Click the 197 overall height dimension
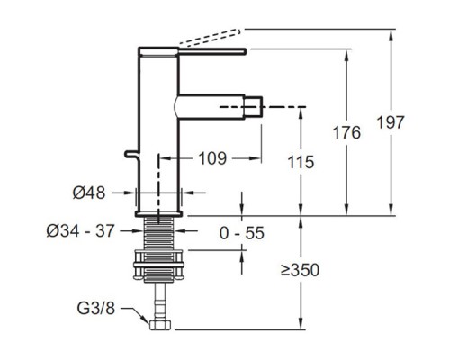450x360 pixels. pyautogui.click(x=391, y=122)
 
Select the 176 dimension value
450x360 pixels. pyautogui.click(x=346, y=132)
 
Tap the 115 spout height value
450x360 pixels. pyautogui.click(x=301, y=162)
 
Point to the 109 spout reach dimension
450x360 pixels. pyautogui.click(x=212, y=158)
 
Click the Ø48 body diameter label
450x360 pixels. pyautogui.click(x=89, y=193)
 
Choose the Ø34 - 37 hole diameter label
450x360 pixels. pyautogui.click(x=80, y=231)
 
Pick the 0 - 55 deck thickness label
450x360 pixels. pyautogui.click(x=242, y=233)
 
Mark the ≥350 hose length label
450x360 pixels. pyautogui.click(x=300, y=270)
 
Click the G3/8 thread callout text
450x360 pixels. pyautogui.click(x=96, y=308)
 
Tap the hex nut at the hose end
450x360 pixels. pyautogui.click(x=160, y=325)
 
